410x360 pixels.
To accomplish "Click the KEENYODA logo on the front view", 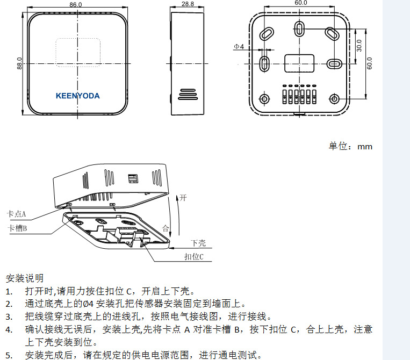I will [77, 96].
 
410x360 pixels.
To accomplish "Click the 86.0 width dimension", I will [76, 4].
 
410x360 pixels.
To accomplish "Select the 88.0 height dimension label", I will [19, 63].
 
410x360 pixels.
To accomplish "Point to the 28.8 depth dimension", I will [188, 4].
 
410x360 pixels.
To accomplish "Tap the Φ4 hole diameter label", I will [238, 47].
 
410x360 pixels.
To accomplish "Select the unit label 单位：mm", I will [350, 146].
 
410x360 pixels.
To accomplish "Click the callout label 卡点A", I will [16, 213].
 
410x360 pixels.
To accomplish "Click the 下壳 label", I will [198, 243].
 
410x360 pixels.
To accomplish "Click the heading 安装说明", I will [24, 278].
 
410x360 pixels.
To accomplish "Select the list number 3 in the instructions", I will [9, 316].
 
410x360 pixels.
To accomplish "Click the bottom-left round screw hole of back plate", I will [264, 99].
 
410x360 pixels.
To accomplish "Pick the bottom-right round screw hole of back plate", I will [335, 99].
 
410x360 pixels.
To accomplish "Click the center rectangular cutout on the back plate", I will [299, 62].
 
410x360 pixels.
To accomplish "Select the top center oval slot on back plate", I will [300, 27].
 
